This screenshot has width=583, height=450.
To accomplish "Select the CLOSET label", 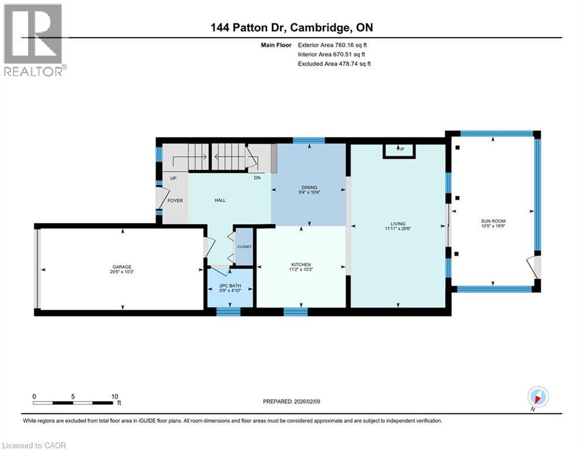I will pyautogui.click(x=244, y=247).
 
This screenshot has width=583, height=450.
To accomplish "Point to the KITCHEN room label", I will pyautogui.click(x=301, y=264).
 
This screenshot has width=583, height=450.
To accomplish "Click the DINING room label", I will pyautogui.click(x=309, y=188).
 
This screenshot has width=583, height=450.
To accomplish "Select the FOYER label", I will pyautogui.click(x=175, y=200).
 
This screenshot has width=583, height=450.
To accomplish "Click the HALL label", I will pyautogui.click(x=220, y=200).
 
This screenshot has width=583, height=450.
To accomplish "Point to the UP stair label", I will pyautogui.click(x=173, y=178).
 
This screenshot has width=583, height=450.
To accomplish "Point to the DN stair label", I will pyautogui.click(x=257, y=178).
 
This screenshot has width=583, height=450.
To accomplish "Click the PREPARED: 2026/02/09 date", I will pyautogui.click(x=294, y=401).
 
